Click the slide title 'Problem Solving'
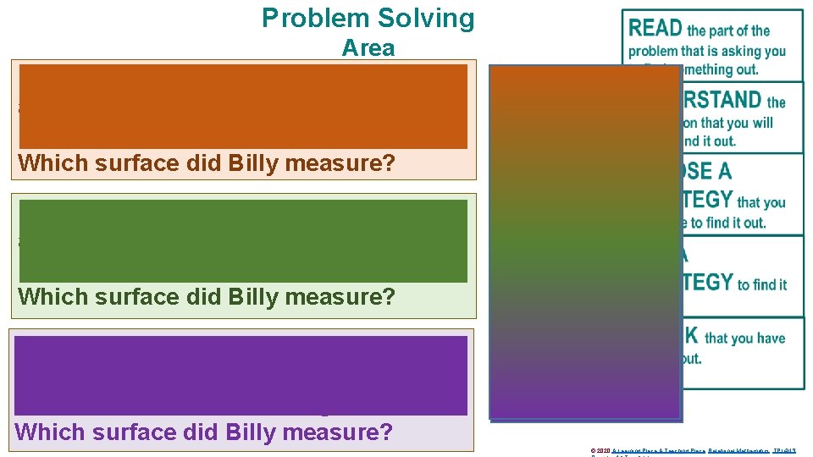[x=368, y=18]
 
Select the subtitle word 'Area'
[x=368, y=48]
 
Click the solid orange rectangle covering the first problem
[x=243, y=106]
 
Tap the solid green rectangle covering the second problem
[x=243, y=240]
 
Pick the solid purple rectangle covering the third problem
[x=241, y=375]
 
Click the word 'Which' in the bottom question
[x=46, y=432]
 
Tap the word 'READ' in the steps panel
[x=655, y=29]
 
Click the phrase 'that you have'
[x=744, y=338]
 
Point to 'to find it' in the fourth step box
[x=761, y=284]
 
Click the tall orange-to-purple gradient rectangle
[x=585, y=243]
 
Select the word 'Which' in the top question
[x=49, y=163]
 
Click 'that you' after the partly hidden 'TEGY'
[x=761, y=202]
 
